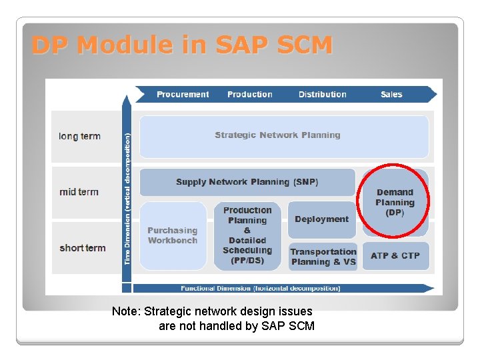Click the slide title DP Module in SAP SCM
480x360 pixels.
coord(181,45)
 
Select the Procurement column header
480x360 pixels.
coord(183,95)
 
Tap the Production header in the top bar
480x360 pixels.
coord(249,95)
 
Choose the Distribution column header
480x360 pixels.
coord(322,95)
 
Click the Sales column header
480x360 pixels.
coord(391,95)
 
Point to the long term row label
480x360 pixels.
coord(79,137)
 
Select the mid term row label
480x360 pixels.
coord(79,192)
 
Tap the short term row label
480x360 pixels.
coord(82,248)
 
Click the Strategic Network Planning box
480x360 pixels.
coord(277,135)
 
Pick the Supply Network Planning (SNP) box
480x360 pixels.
coord(247,182)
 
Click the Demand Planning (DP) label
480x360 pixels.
coord(395,202)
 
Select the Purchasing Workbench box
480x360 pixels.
coord(173,235)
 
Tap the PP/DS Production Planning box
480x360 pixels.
coord(247,235)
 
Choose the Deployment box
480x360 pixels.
coord(321,219)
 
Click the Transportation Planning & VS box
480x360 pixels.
coord(323,257)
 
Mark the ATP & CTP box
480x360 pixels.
coord(395,255)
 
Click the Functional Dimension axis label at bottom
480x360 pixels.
coord(260,289)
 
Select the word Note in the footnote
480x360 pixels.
coord(126,311)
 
